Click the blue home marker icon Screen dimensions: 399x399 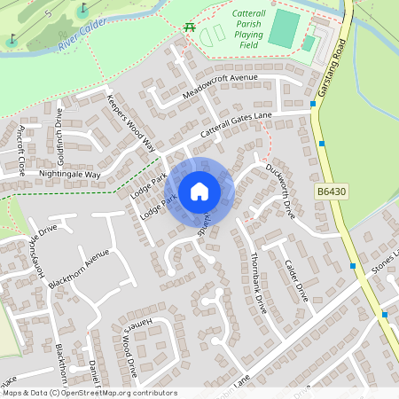pos(199,191)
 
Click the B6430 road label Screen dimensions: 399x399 pos(332,192)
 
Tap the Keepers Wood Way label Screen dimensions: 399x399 pos(130,122)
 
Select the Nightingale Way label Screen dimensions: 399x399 pos(68,175)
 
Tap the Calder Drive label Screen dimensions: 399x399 pos(294,280)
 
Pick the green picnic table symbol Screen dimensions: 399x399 pos(190,27)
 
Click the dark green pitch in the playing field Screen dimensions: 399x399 pos(284,28)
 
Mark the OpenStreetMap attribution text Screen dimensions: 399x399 pos(90,393)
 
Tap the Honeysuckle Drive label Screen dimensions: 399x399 pos(44,251)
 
